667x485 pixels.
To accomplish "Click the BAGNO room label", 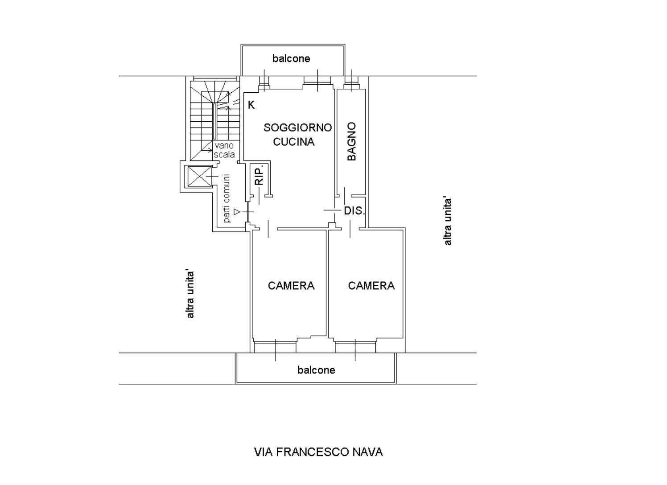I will coord(352,141).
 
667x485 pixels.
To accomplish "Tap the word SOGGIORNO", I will coord(297,128).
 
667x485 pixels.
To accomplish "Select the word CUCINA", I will coord(293,142).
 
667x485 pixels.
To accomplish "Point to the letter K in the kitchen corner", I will coord(251,105).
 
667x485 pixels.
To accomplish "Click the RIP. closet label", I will coord(259,175).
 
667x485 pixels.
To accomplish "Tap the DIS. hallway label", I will coord(354,211).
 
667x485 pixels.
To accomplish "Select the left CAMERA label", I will coord(291,286).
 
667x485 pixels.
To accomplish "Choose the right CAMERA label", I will coord(371,286).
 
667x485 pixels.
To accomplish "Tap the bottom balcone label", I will coord(316,370).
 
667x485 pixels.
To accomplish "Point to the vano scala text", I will coord(224,150).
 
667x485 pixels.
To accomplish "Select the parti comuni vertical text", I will coord(227,198).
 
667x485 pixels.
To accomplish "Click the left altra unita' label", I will coord(190,294).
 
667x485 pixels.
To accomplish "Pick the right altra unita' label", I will coord(448,221).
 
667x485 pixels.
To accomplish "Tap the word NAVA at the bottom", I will coord(367,452).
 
